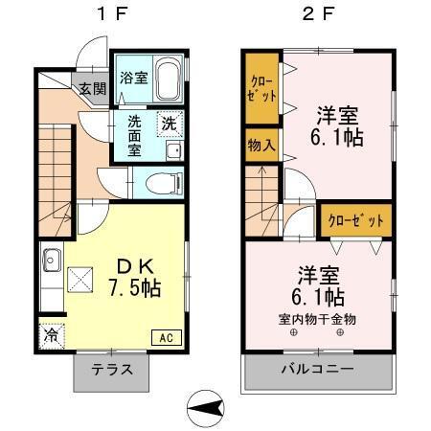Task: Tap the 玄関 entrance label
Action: (92, 90)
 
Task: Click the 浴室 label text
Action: (132, 78)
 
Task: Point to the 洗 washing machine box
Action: (169, 124)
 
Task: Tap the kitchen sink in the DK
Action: (51, 259)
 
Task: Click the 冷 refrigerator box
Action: (50, 335)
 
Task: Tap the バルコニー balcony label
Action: (317, 370)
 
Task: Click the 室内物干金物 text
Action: (317, 319)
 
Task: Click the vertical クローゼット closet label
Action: (260, 89)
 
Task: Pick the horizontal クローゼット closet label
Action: (355, 220)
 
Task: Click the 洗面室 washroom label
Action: (134, 136)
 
